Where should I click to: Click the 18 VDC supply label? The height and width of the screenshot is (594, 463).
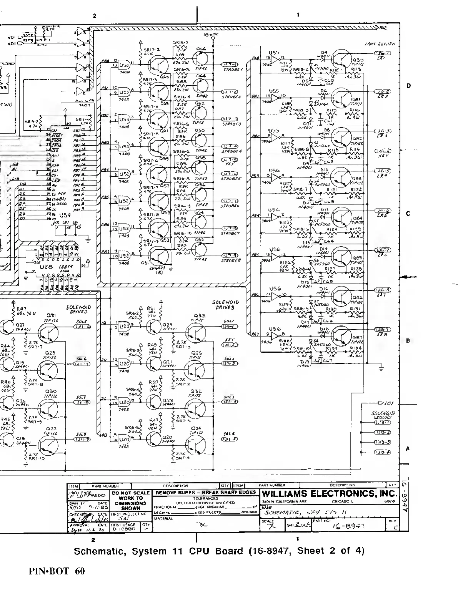tap(211, 35)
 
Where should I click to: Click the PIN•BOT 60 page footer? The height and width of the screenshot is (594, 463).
tap(57, 571)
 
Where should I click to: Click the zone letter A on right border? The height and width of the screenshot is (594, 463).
tap(408, 448)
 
